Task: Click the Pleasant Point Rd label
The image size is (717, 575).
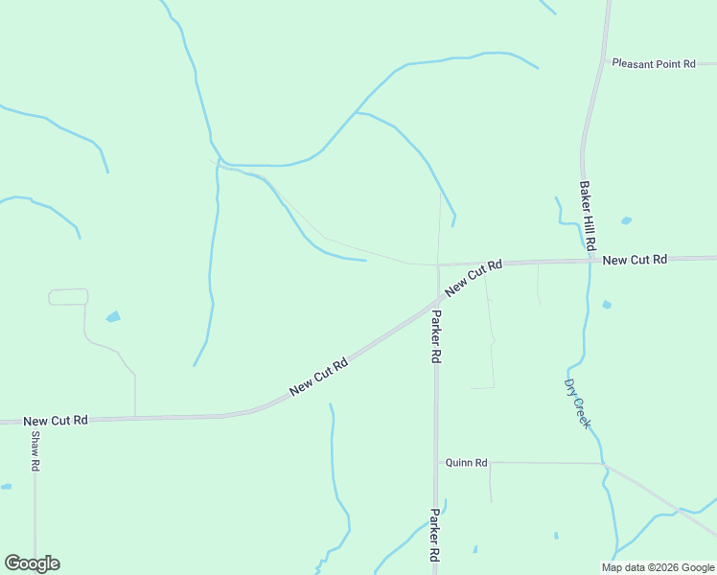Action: point(654,63)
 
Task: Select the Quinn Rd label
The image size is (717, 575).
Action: point(466,463)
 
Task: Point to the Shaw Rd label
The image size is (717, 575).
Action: point(35,450)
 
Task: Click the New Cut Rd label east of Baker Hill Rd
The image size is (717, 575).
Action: point(634,260)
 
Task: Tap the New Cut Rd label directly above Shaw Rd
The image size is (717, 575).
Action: point(56,421)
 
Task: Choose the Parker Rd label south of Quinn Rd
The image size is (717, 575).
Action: point(435,535)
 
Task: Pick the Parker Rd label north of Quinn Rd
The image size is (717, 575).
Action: point(436,336)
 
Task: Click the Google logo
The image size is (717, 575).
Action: point(32,563)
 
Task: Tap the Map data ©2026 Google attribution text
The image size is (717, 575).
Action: point(659,567)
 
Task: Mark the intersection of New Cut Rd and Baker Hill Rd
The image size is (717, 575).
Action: point(587,260)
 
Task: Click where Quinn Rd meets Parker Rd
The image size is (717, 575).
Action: point(436,462)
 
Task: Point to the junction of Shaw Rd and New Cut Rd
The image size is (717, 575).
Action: point(35,421)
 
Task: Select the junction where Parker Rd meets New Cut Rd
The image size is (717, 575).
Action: point(437,265)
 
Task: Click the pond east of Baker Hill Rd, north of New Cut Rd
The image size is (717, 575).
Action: point(626,220)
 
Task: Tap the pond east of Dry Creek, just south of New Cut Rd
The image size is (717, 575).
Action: point(607,305)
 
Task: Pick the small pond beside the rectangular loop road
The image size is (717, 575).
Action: point(113,316)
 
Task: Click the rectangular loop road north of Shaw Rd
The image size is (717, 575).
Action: point(68,297)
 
